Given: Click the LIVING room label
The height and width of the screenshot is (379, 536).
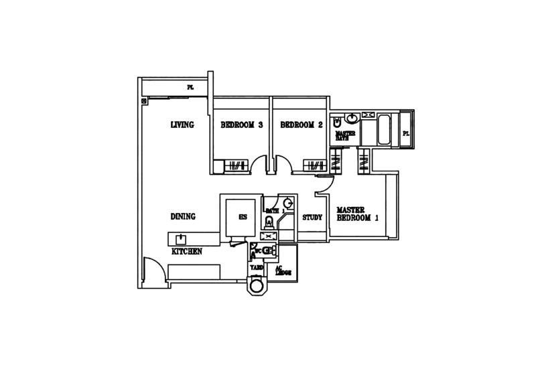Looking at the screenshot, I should tap(182, 125).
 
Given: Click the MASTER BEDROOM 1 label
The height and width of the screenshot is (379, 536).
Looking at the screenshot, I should tap(358, 214).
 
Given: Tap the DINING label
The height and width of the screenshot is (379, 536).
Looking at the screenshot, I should tap(182, 217).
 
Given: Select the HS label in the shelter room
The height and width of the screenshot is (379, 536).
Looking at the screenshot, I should tap(243, 218).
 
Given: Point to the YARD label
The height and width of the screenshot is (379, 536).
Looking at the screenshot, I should tap(255, 267).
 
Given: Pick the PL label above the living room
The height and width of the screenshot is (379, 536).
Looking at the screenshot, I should tap(190, 88).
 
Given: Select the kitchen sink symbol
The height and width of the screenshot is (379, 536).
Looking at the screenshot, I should tap(180, 238).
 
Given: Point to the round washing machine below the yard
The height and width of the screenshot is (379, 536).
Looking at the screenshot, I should tap(257, 287).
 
